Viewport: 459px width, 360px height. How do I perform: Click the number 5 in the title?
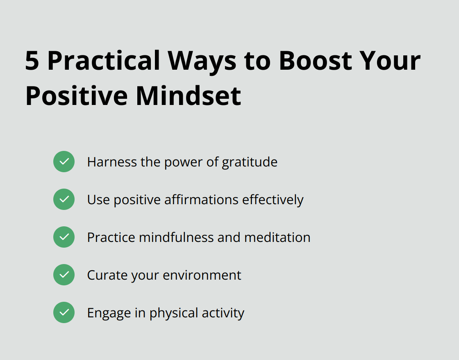32,61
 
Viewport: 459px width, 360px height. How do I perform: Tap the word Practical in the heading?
104,61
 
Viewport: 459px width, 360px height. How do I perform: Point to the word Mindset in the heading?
189,96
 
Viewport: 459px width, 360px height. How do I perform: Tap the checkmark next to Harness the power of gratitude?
64,162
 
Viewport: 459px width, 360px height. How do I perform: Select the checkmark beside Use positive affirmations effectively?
64,199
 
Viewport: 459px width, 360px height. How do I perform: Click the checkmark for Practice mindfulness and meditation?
64,237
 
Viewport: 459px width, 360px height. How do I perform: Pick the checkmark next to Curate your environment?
64,275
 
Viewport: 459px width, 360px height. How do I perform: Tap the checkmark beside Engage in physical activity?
64,312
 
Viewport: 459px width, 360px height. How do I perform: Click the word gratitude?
250,162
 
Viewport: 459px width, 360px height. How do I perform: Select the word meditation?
277,237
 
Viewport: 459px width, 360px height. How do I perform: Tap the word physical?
172,313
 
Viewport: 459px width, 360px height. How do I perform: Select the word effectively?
273,200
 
